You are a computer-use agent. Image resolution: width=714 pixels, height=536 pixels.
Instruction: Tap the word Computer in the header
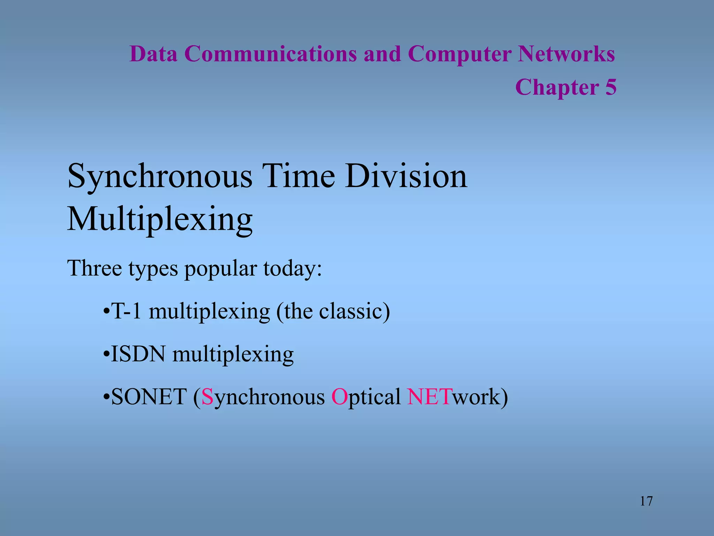click(x=459, y=54)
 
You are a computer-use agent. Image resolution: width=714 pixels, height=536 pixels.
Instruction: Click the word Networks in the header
click(x=566, y=54)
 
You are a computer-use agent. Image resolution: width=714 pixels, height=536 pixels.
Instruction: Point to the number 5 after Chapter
click(x=610, y=87)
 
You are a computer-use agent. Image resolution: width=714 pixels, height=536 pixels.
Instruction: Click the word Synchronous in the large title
click(x=160, y=177)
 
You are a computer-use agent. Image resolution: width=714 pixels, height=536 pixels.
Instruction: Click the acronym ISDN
click(x=138, y=354)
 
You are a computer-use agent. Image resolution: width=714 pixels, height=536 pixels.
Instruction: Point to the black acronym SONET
click(x=149, y=397)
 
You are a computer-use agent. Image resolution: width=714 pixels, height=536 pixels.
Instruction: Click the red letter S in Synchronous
click(x=207, y=397)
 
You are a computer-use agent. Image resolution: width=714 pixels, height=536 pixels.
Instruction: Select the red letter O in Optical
click(x=339, y=397)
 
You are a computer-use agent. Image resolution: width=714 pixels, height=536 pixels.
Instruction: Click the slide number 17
click(x=646, y=501)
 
